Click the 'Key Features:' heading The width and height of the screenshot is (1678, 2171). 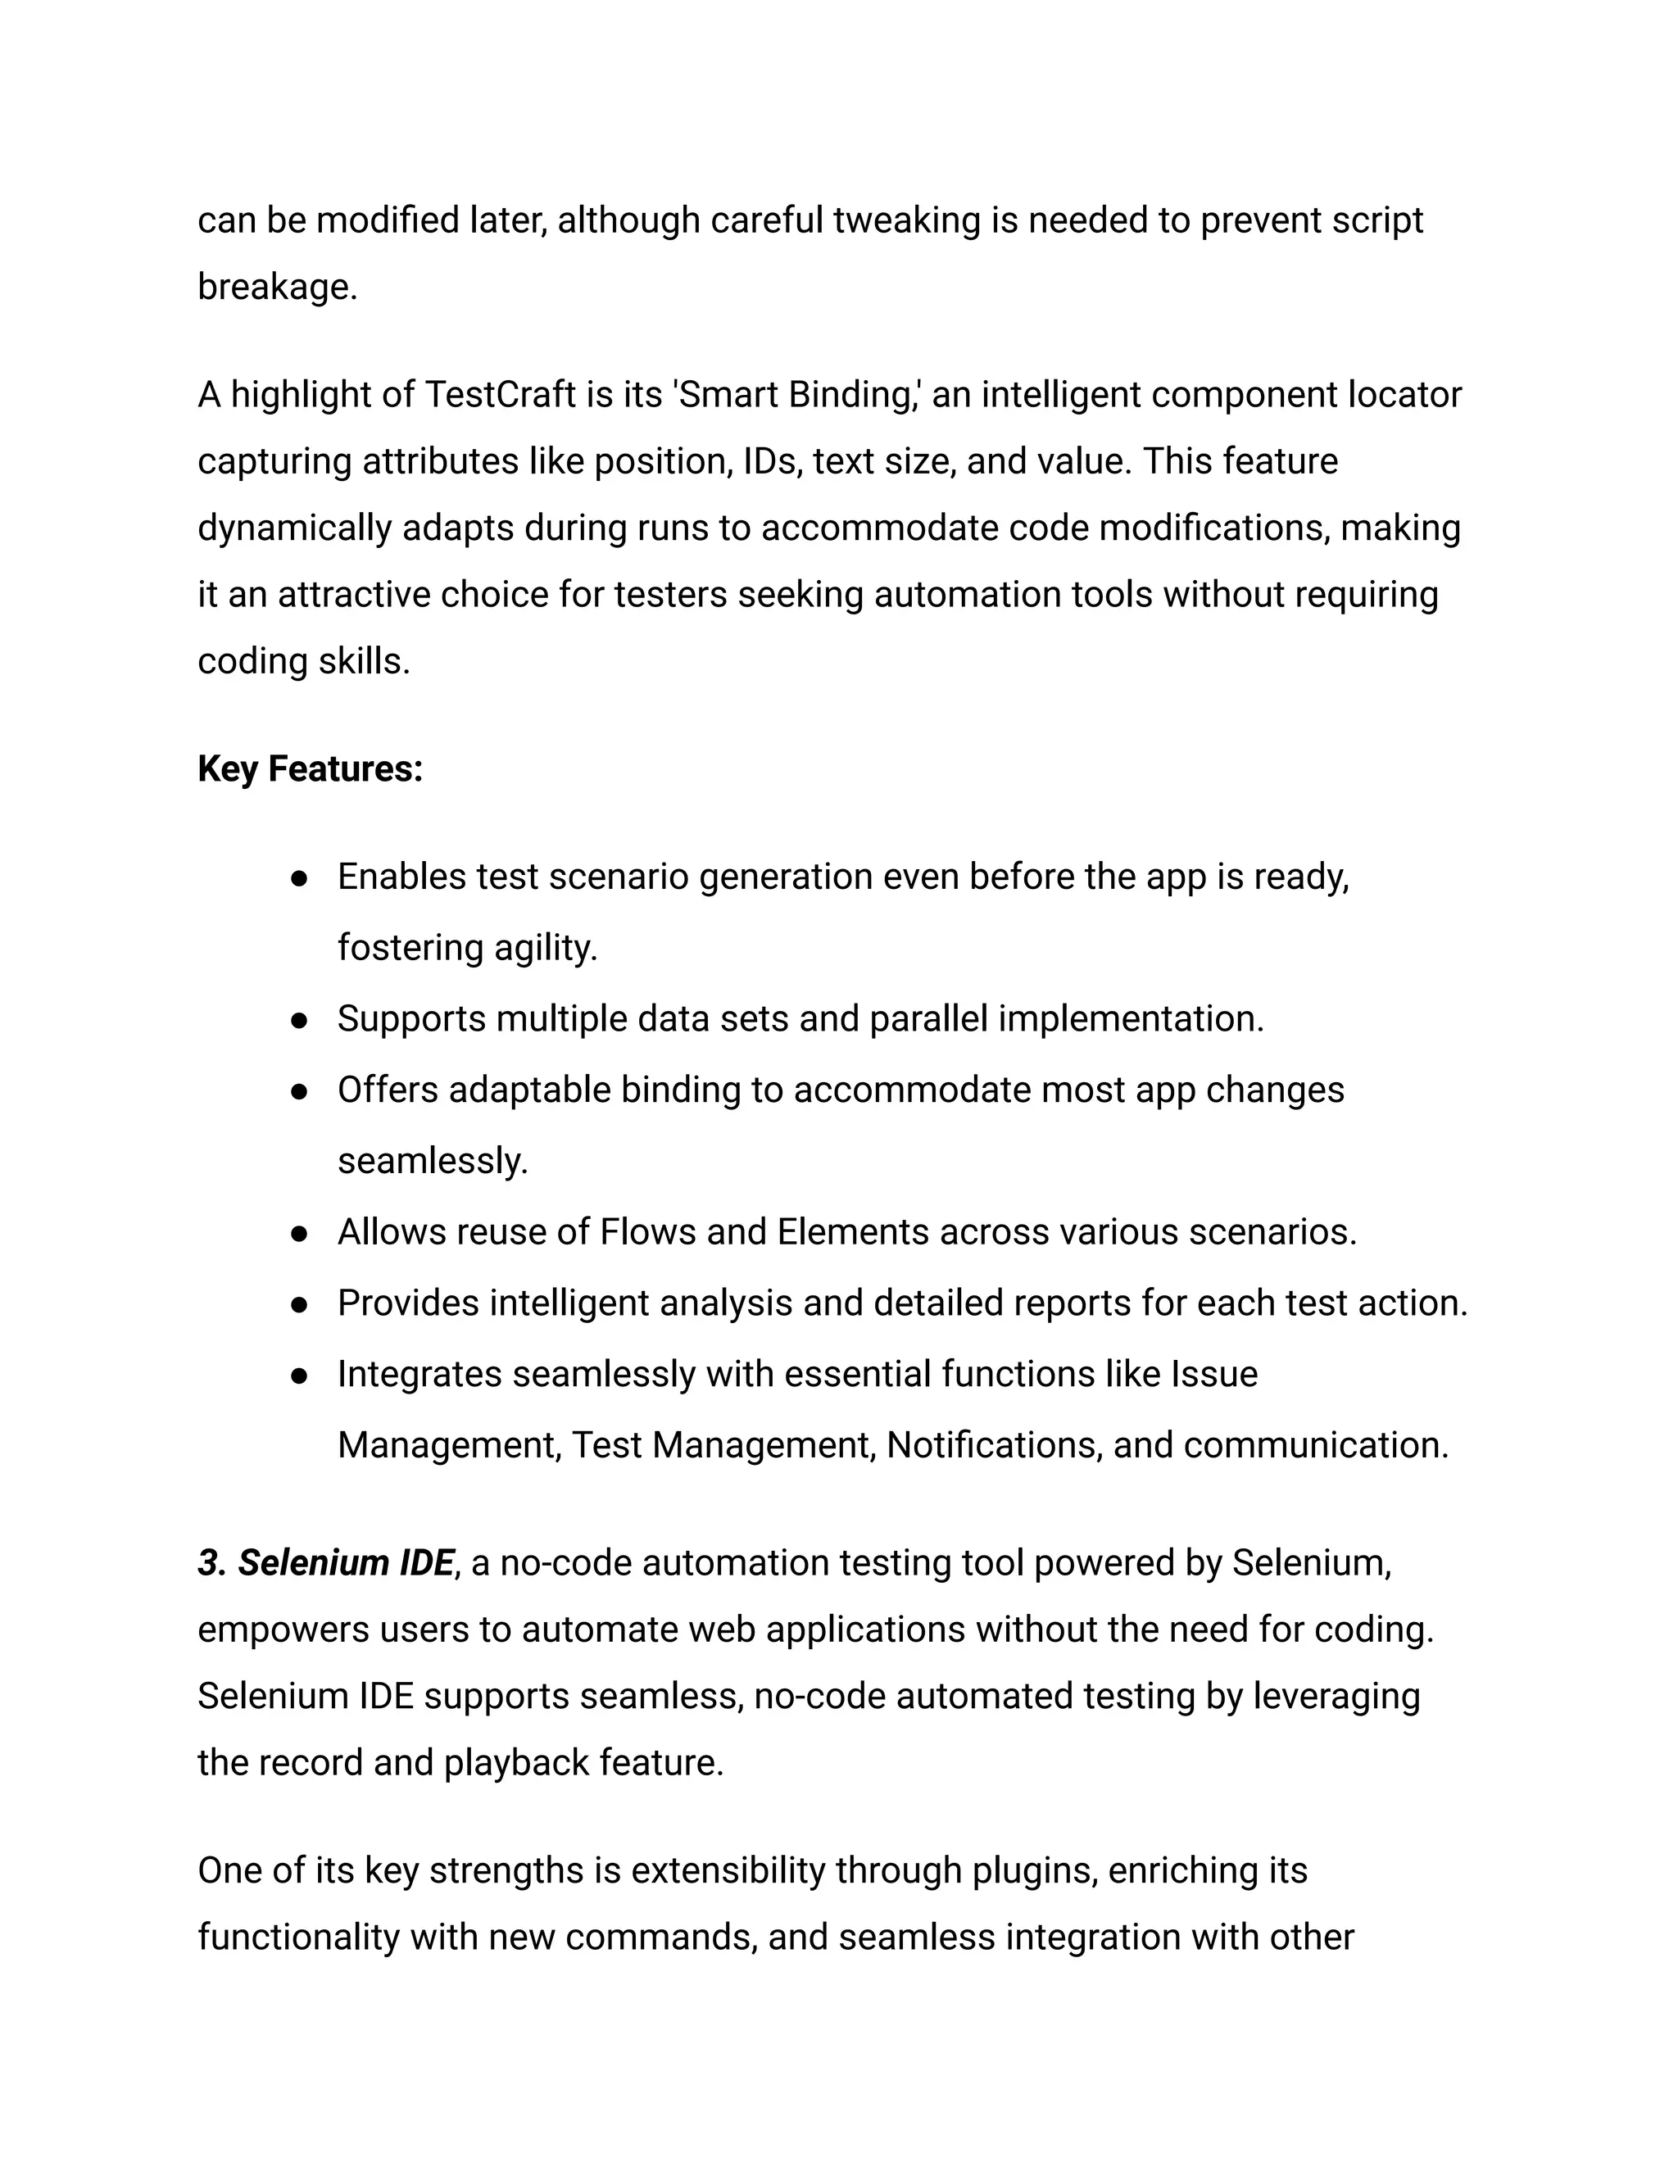click(x=311, y=769)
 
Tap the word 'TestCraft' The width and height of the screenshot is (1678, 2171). click(x=500, y=395)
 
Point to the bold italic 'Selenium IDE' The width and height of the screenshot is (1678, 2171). click(x=345, y=1562)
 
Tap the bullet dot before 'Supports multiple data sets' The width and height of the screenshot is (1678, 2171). click(x=298, y=1020)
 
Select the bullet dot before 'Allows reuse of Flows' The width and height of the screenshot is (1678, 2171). click(x=298, y=1234)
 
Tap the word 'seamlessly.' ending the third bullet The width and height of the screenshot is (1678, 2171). click(x=433, y=1161)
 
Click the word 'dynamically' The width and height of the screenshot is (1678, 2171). click(x=294, y=528)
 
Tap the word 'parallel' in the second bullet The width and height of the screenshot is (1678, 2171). click(x=928, y=1019)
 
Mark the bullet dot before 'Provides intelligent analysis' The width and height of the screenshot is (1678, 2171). click(x=298, y=1304)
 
